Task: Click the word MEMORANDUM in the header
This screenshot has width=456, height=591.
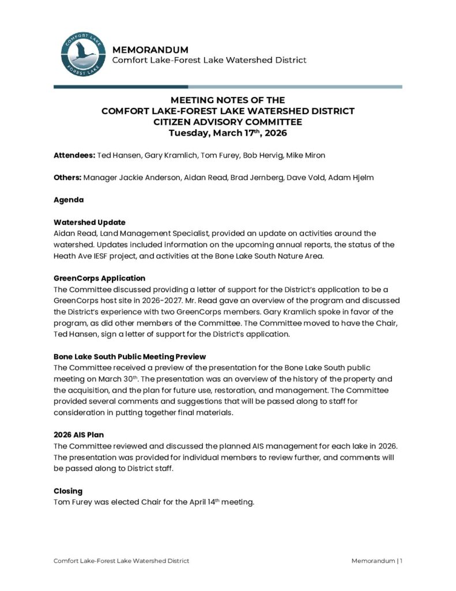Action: click(150, 50)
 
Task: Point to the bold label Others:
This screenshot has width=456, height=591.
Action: click(67, 178)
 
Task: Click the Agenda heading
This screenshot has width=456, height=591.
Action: click(69, 200)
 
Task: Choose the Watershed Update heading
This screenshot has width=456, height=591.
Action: click(89, 222)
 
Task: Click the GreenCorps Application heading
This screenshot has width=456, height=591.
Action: click(99, 278)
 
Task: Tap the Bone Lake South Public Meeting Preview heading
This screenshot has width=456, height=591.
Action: click(130, 357)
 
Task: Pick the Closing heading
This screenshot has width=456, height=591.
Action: click(68, 491)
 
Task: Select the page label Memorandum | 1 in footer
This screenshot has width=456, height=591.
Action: click(376, 561)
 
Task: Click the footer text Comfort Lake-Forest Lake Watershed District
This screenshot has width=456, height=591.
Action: click(121, 561)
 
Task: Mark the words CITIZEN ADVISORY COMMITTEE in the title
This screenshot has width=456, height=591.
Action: click(228, 122)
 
